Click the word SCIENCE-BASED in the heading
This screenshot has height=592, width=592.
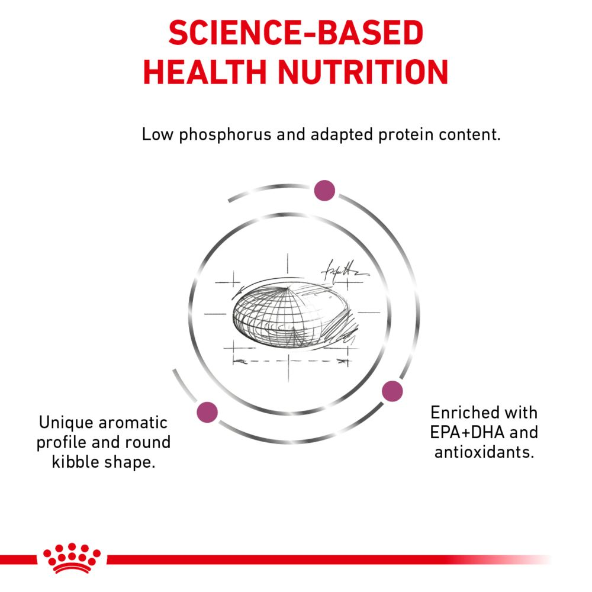(x=295, y=33)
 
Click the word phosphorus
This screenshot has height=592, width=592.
(x=225, y=135)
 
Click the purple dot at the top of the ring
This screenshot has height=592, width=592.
(x=324, y=190)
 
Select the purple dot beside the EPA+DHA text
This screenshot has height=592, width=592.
(x=392, y=391)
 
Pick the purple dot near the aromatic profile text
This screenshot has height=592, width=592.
(x=207, y=412)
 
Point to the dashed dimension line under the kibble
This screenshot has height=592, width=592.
(x=290, y=361)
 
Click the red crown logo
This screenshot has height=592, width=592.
(x=72, y=558)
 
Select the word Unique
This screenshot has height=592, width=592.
(x=65, y=423)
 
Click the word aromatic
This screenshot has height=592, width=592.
(x=133, y=423)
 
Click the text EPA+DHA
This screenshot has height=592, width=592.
(x=468, y=432)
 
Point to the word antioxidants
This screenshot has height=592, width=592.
(x=484, y=452)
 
